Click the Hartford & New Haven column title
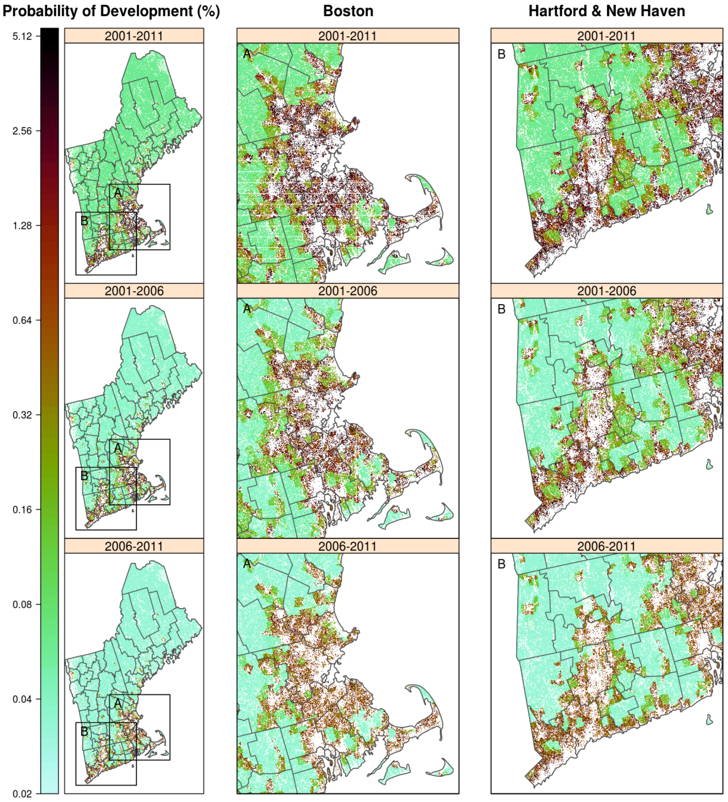(x=606, y=11)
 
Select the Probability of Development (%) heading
(x=111, y=11)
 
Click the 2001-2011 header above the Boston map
(x=348, y=36)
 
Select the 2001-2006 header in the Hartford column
(x=607, y=291)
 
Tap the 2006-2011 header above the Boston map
(x=348, y=546)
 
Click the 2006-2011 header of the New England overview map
(x=134, y=546)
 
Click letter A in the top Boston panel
(x=247, y=54)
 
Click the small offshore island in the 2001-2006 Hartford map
(x=709, y=464)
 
